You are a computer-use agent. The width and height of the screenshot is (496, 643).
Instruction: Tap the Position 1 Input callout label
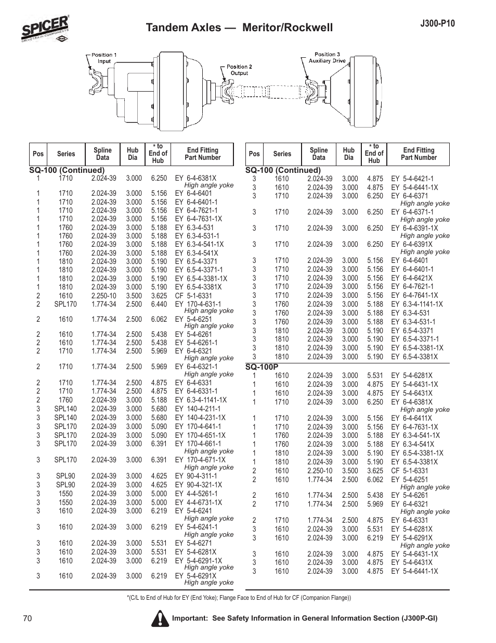(x=103, y=58)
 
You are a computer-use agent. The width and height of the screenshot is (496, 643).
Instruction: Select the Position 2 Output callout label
(x=239, y=70)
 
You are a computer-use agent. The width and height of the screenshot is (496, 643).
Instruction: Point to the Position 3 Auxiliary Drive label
(x=327, y=57)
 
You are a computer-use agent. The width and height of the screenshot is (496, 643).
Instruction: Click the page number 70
(x=28, y=618)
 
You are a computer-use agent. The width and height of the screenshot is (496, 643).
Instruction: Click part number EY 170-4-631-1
(x=198, y=304)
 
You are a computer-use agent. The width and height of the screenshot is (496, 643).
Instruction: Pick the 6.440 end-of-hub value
(x=159, y=304)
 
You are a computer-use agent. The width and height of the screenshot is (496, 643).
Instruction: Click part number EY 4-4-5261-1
(x=196, y=494)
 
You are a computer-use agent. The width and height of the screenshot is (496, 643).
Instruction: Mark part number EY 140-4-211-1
(x=198, y=409)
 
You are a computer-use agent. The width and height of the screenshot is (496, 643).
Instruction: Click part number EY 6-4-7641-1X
(x=414, y=295)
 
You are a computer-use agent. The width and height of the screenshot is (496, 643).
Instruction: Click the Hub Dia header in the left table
(x=133, y=154)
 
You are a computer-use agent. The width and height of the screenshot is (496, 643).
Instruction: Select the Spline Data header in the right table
(x=319, y=154)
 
